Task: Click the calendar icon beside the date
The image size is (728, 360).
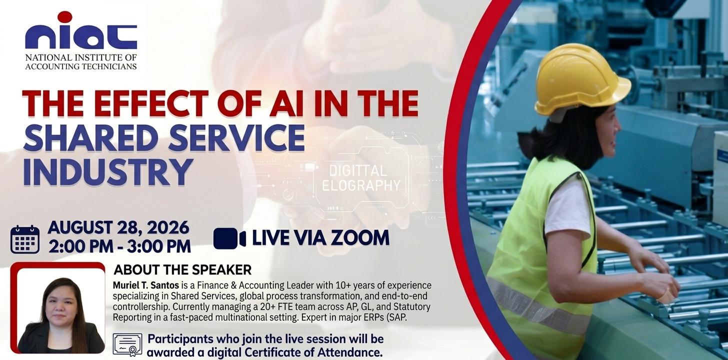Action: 25,239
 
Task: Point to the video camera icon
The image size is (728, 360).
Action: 229,238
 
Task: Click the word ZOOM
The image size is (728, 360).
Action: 360,238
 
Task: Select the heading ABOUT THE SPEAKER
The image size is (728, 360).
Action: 182,270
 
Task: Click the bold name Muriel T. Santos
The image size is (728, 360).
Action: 146,285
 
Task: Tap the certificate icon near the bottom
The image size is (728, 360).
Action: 127,344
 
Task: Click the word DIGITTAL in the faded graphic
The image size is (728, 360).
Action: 358,170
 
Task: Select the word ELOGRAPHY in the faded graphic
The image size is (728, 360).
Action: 361,185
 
